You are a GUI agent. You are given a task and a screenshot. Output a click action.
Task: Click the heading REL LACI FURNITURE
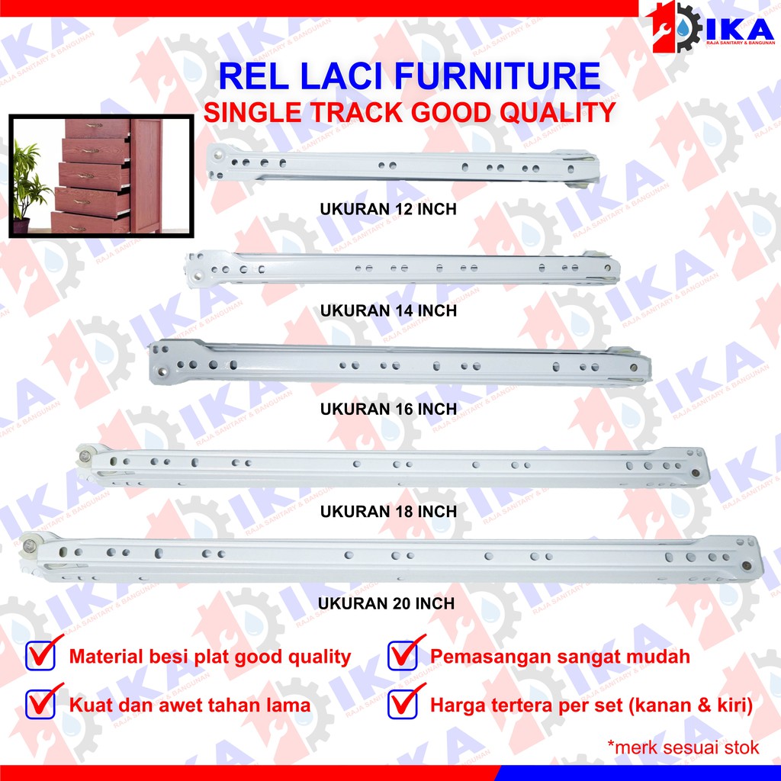(x=409, y=77)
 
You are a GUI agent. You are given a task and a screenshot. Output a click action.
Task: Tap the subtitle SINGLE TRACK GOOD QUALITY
(x=409, y=113)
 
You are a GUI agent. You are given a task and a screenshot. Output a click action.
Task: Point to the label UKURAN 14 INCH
(x=389, y=310)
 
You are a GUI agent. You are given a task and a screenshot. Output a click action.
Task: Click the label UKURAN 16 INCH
(x=389, y=410)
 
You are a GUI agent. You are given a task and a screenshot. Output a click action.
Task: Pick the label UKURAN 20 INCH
(x=386, y=603)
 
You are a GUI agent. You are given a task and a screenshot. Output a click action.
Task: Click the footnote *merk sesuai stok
(x=683, y=747)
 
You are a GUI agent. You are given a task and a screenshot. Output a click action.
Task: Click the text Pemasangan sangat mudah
(x=560, y=656)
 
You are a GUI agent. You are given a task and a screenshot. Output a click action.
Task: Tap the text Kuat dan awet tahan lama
(x=190, y=705)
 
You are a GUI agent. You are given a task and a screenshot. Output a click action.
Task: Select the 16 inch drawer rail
(x=397, y=365)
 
